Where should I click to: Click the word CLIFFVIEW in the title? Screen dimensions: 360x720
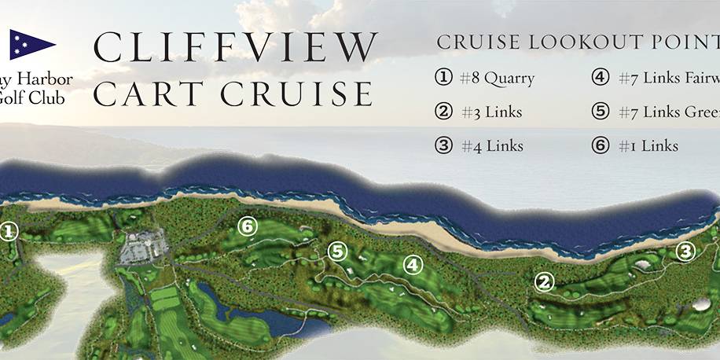pos(233,48)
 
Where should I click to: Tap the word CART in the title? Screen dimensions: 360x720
pos(149,94)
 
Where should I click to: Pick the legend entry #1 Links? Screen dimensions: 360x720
pos(648,146)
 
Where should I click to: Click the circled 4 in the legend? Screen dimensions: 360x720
pos(601,78)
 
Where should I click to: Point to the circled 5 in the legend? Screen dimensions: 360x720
pos(601,112)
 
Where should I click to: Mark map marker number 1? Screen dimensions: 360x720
pos(9,231)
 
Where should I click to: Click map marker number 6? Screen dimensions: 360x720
pos(248,226)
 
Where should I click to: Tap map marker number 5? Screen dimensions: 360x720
pos(337,252)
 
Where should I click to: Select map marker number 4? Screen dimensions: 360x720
pos(412,266)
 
